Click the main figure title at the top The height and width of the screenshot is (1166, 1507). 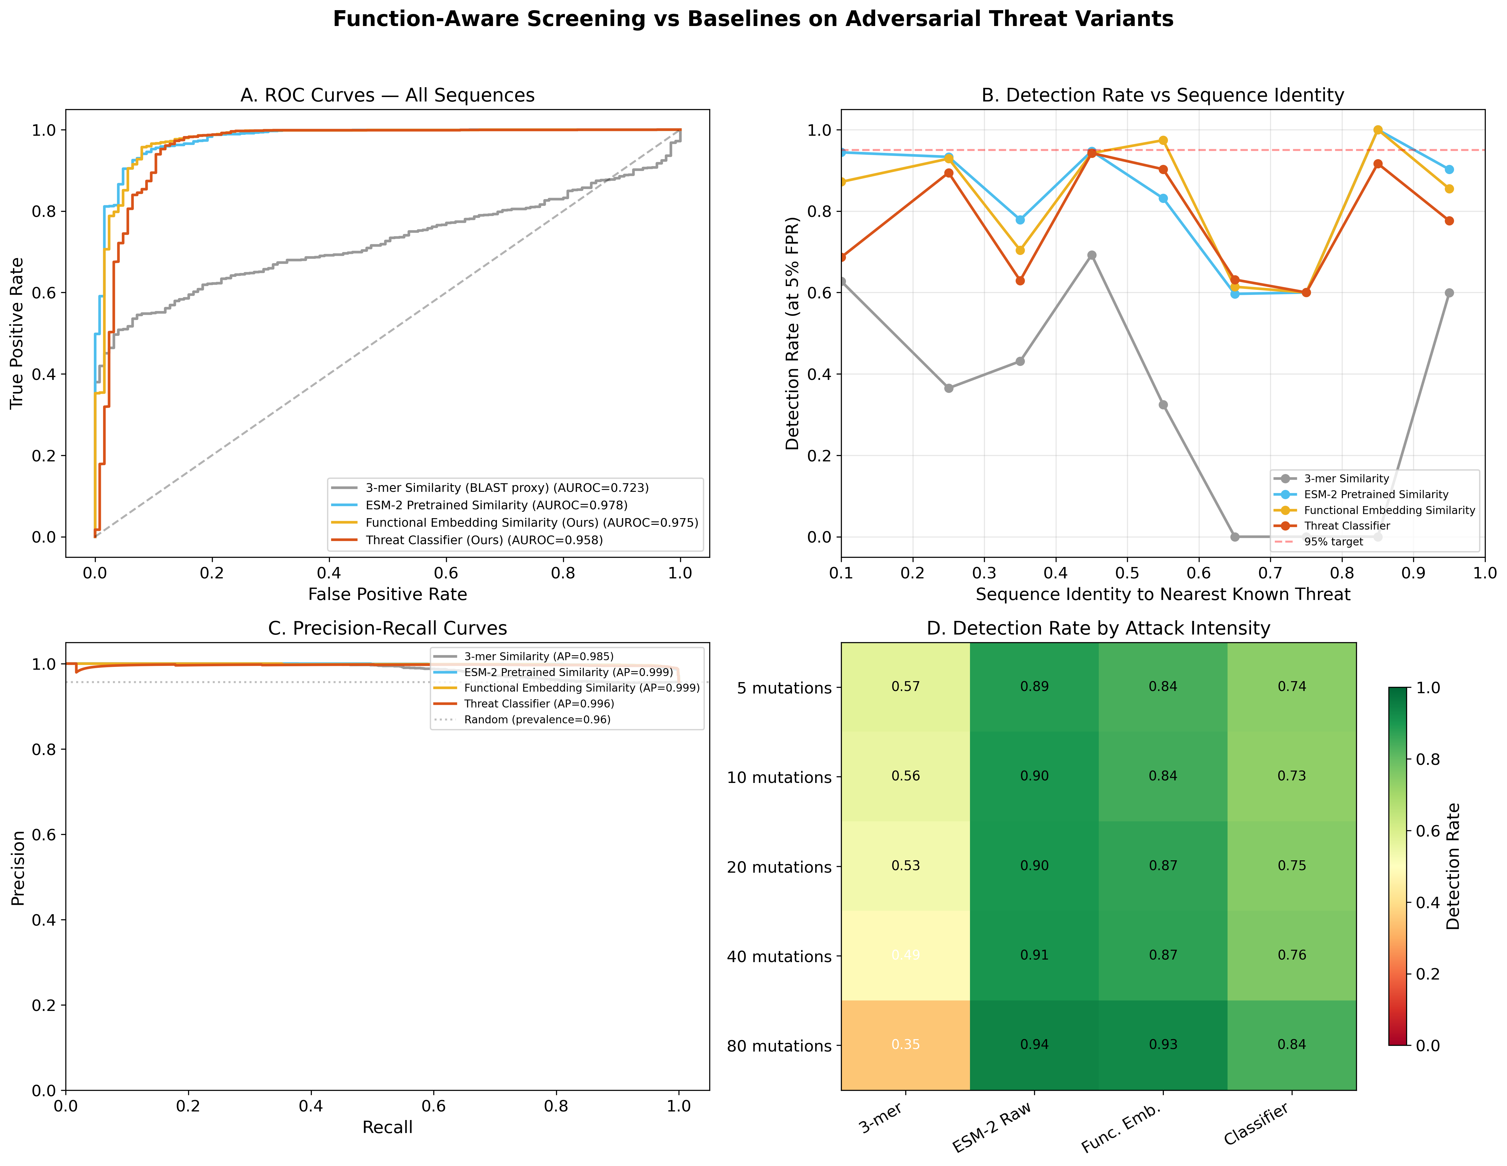pos(753,19)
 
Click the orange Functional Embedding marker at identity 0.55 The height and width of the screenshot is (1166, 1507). pos(1163,141)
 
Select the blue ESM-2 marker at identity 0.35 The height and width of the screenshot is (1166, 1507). pos(1020,219)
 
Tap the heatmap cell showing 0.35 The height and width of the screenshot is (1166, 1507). pos(905,1045)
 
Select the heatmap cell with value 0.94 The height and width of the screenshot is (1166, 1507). pos(1034,1045)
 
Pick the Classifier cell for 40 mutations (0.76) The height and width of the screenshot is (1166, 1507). pos(1291,955)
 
